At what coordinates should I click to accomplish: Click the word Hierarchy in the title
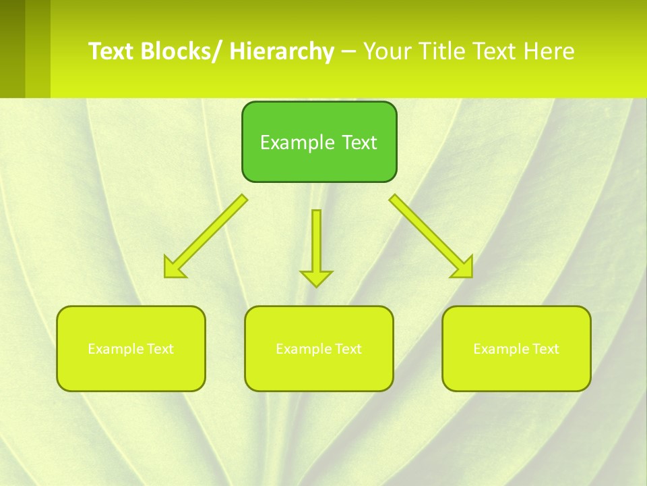click(282, 52)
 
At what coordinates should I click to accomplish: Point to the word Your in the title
click(386, 52)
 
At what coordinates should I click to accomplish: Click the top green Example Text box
click(319, 142)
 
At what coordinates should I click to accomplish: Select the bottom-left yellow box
click(131, 349)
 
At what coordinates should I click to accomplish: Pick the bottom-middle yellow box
click(319, 349)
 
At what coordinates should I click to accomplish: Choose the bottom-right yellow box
click(516, 349)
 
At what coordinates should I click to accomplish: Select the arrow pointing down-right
click(430, 235)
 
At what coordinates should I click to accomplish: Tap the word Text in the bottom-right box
click(546, 349)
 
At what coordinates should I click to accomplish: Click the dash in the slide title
click(348, 52)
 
